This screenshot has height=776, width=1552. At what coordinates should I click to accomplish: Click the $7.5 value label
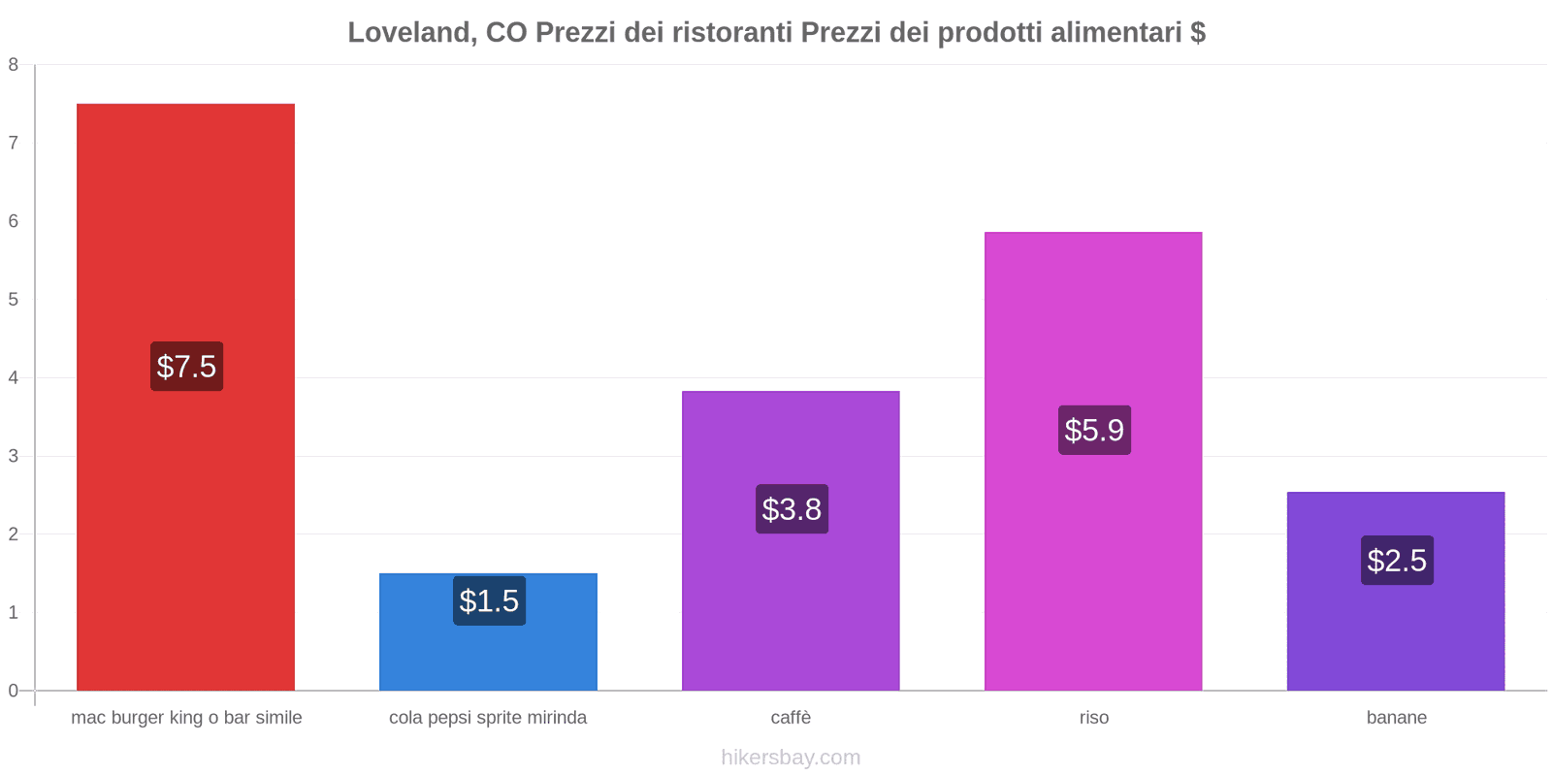point(186,367)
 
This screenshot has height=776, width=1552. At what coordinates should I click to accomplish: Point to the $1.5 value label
point(489,601)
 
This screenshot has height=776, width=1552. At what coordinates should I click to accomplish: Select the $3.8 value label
point(792,509)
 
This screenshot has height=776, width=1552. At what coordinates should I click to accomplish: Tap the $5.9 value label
point(1094,430)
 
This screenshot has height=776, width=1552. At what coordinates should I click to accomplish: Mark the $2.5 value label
point(1397,561)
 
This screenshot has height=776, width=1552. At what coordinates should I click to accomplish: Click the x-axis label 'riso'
point(1094,718)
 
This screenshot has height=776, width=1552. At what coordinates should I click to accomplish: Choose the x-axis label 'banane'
point(1397,718)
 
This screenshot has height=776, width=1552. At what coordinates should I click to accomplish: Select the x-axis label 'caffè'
point(791,718)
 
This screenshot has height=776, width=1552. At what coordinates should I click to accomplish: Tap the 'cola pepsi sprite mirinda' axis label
point(488,718)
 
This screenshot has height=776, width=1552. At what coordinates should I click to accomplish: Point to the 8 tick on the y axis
point(14,65)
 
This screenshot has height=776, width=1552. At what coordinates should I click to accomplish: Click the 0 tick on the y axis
point(14,691)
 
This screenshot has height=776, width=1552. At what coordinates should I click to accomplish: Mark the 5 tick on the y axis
point(14,300)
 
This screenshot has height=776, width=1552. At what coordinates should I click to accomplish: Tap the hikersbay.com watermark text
point(791,758)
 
